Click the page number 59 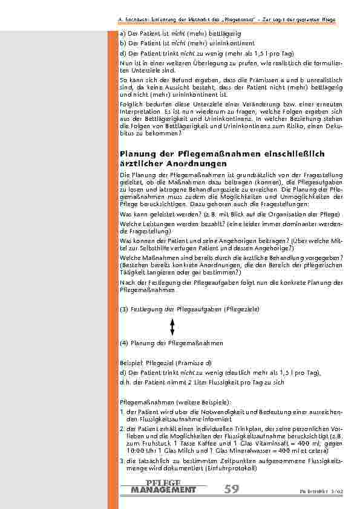[231, 488]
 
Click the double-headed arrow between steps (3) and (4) [172, 326]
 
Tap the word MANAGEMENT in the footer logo [163, 490]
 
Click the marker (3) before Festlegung [124, 309]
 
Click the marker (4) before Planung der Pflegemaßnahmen [124, 343]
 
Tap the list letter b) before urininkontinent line [123, 44]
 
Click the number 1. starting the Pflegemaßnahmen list [122, 411]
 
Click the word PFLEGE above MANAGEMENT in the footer [163, 482]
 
